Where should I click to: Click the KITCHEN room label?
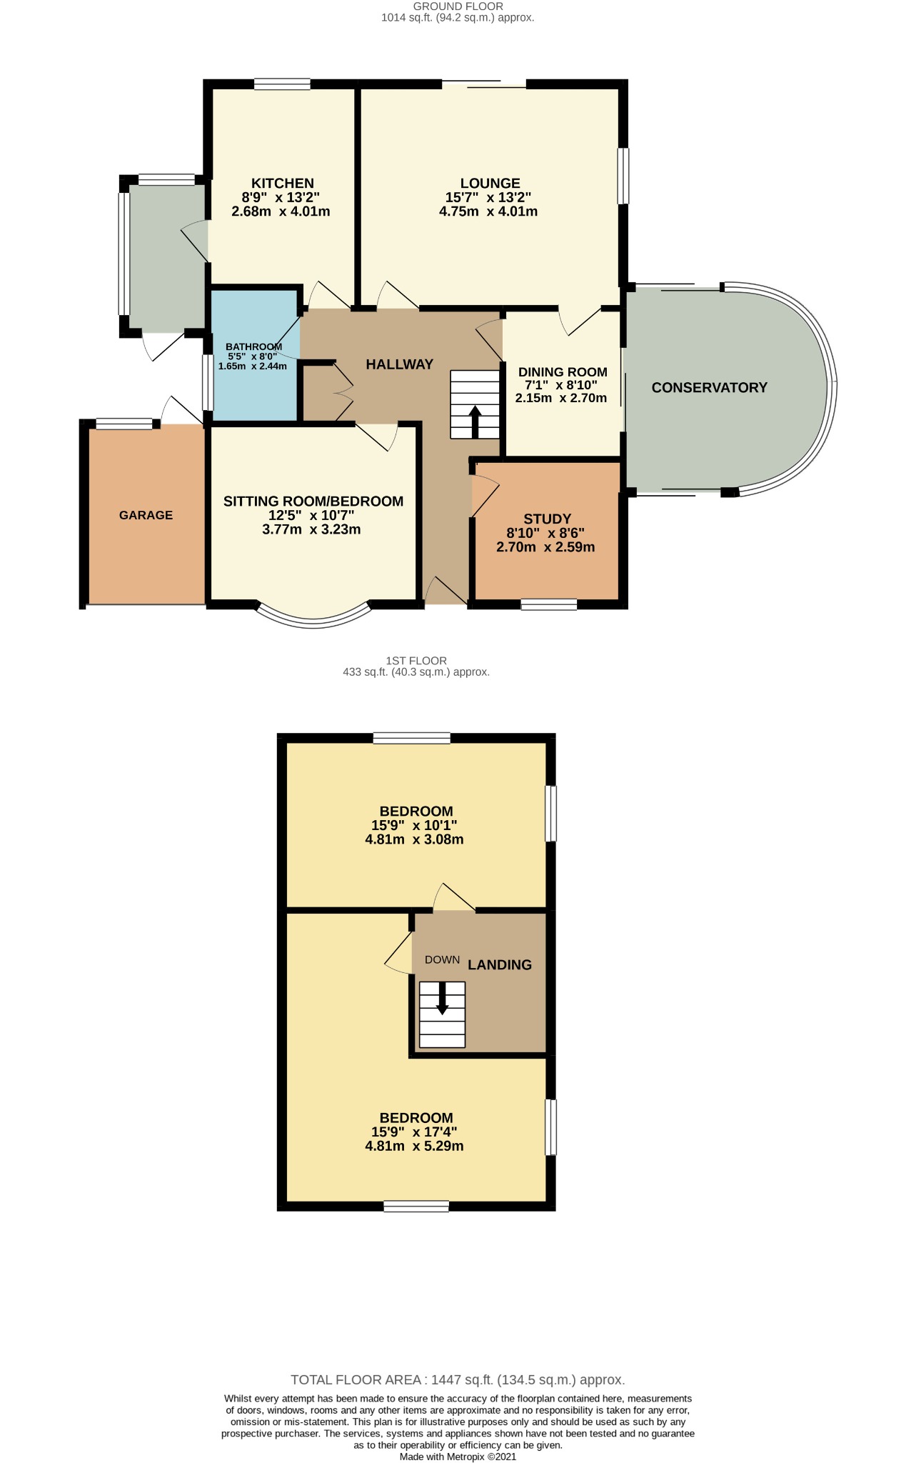tap(282, 184)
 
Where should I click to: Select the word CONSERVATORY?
tap(709, 388)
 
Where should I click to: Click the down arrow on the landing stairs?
tap(442, 999)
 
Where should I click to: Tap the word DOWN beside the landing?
tap(442, 959)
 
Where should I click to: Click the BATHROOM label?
tap(253, 347)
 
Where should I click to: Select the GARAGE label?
tap(146, 515)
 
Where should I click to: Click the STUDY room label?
tap(547, 519)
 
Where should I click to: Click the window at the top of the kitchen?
tap(282, 84)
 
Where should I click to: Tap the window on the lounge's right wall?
tap(623, 176)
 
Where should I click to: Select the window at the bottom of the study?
tap(548, 605)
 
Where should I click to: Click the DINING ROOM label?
tap(563, 372)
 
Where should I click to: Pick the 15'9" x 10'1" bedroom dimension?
tap(414, 825)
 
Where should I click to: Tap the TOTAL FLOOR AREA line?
tap(458, 1379)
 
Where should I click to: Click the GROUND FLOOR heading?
tap(458, 6)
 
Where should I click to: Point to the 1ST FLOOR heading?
tap(416, 661)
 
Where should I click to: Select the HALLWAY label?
tap(399, 364)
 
